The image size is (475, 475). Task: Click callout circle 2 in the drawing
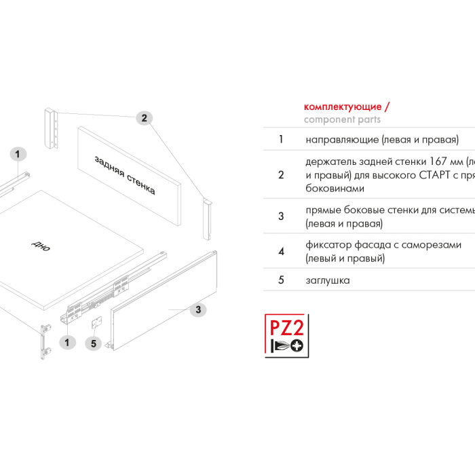click(143, 118)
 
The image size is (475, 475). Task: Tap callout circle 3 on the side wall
click(197, 309)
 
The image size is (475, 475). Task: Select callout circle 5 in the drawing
click(94, 343)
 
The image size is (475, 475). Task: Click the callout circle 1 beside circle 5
click(66, 342)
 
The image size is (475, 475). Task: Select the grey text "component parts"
click(342, 119)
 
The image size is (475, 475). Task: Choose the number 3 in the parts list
click(281, 216)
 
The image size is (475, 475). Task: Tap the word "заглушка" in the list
click(328, 280)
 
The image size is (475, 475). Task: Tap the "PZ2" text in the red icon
click(287, 328)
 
